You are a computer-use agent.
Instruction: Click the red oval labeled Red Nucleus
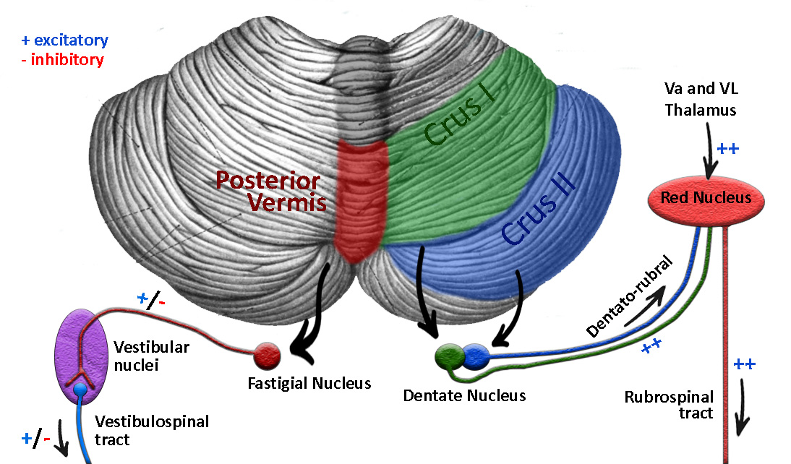[705, 197]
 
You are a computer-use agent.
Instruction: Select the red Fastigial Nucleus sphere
[267, 354]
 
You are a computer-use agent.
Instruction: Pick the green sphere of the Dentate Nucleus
[449, 356]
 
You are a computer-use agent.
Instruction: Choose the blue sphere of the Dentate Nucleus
[474, 356]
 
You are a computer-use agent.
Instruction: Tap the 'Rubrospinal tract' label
[669, 405]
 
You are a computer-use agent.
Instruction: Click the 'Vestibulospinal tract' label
[152, 430]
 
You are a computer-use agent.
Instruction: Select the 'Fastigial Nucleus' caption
[309, 383]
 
